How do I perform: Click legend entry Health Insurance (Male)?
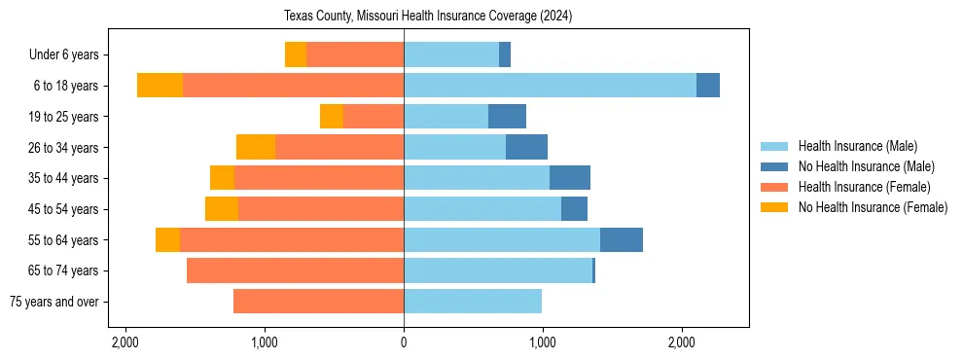tap(857, 146)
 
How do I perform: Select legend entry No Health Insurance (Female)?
tap(873, 207)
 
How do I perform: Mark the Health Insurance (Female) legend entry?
tap(864, 187)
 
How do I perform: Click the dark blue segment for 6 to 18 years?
tap(708, 86)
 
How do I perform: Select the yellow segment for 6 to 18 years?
tap(160, 86)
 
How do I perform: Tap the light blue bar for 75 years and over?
tap(473, 302)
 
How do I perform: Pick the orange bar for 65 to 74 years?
tap(295, 270)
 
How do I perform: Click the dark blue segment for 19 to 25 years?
tap(507, 117)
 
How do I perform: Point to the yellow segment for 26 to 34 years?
tap(256, 147)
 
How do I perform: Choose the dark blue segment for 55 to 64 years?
tap(622, 240)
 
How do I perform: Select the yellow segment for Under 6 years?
tap(296, 55)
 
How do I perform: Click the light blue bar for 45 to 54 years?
tap(482, 209)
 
